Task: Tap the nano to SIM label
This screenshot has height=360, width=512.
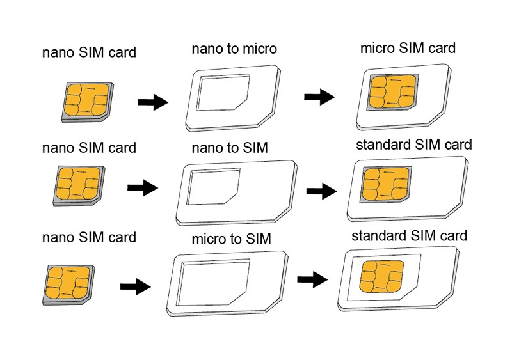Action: (229, 148)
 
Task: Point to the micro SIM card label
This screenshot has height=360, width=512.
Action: (408, 48)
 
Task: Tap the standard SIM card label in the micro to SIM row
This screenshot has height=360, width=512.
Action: (410, 235)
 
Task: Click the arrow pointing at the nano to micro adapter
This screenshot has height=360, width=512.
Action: (153, 102)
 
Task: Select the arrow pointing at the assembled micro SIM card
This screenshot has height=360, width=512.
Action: (319, 98)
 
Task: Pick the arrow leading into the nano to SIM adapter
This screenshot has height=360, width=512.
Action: (143, 188)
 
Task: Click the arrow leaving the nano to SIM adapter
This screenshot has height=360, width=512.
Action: (322, 191)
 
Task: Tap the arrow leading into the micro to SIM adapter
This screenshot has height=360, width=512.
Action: (135, 286)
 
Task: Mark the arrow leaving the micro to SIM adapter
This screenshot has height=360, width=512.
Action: (313, 279)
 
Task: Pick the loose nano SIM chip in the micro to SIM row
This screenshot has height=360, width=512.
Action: (67, 283)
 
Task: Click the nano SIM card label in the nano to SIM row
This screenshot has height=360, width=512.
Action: (89, 148)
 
